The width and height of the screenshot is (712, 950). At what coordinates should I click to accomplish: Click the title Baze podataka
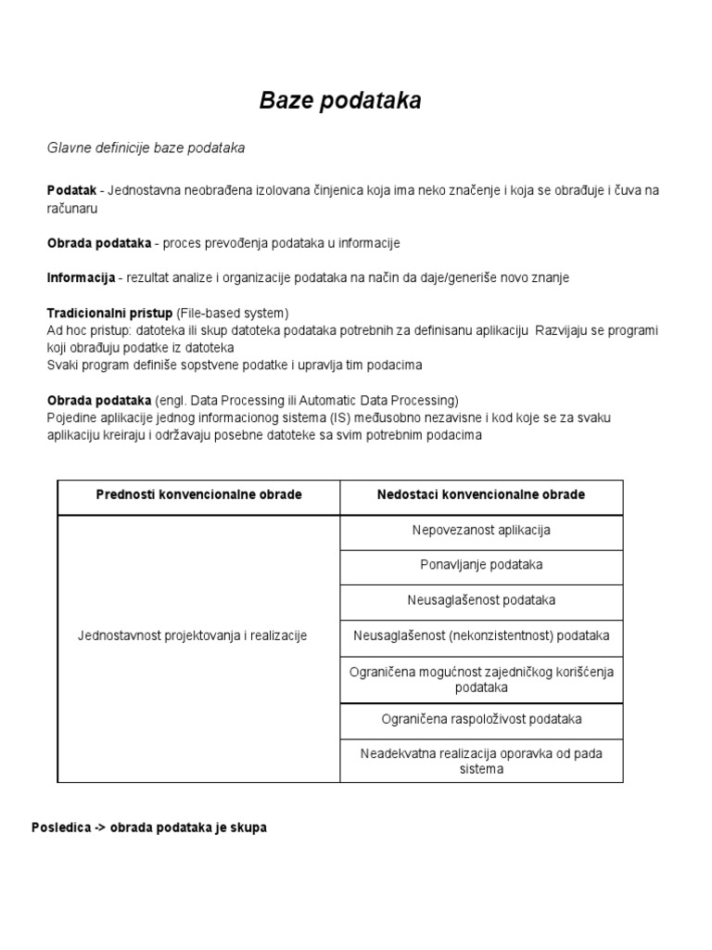pos(340,101)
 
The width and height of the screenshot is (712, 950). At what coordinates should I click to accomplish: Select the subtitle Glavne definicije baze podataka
pos(146,148)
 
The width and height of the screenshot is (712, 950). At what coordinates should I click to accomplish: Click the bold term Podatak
pos(71,190)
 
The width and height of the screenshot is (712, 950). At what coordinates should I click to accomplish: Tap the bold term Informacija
pos(81,277)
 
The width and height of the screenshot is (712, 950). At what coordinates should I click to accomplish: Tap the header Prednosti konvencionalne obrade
pos(199,494)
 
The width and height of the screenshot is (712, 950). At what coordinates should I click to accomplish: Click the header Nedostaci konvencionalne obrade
pos(481,494)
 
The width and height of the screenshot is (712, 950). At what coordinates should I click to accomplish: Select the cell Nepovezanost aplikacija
pos(481,531)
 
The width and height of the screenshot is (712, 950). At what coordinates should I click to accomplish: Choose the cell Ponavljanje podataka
pos(481,565)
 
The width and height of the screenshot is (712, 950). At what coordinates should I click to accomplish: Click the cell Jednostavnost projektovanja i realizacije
pos(192,635)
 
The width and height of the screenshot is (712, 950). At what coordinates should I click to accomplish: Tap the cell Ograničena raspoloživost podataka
pos(481,719)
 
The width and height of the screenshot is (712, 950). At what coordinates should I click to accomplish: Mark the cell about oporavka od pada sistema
pos(481,761)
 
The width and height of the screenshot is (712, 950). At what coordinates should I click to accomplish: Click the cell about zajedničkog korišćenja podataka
pos(481,679)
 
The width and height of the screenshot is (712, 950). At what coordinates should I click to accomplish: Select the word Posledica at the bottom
pos(57,827)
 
